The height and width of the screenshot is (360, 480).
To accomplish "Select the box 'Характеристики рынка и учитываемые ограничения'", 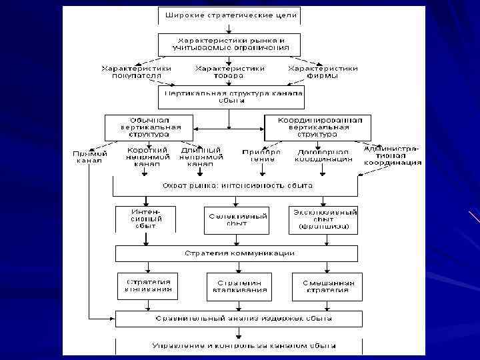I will (229, 44).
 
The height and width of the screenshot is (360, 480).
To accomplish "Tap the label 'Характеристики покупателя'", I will (136, 72).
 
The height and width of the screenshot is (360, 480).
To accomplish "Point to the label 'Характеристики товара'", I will (229, 72).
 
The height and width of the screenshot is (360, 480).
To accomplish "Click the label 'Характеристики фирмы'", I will (323, 72).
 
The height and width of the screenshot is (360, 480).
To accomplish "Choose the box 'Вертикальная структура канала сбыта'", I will (231, 97).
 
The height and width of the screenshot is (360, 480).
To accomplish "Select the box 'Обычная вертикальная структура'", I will (150, 127).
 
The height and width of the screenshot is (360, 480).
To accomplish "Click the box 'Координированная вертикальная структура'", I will (318, 127).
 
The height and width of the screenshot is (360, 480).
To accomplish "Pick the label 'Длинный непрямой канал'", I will (200, 157).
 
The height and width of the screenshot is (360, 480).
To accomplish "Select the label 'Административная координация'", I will (393, 155).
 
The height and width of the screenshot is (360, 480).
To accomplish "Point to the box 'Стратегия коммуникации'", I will (237, 253).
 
